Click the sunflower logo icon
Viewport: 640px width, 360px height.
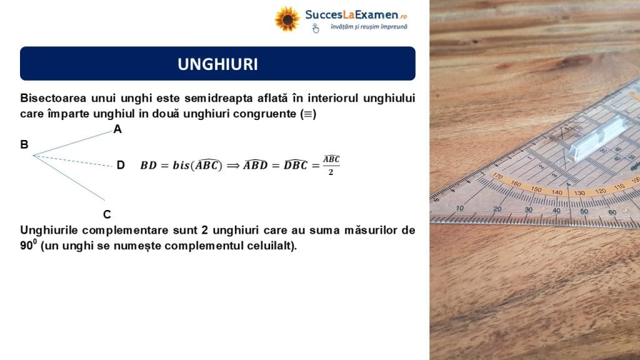click(287, 19)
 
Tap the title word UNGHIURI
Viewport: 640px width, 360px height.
click(217, 64)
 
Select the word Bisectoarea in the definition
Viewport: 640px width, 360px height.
click(53, 98)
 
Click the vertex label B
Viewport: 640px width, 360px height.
click(24, 144)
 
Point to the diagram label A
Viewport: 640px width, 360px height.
click(117, 129)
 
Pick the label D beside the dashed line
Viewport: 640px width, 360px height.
click(121, 165)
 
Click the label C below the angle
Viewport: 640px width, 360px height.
click(107, 214)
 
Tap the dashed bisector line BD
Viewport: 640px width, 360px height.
click(72, 161)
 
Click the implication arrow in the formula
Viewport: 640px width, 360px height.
click(233, 165)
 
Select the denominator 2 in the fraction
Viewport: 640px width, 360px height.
click(331, 172)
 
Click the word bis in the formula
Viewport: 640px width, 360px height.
click(181, 165)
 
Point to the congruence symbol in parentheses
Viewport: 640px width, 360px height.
click(308, 114)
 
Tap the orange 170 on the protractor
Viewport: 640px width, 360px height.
click(497, 176)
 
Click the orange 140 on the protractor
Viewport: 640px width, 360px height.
click(557, 192)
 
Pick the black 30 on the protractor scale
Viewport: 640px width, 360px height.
click(529, 209)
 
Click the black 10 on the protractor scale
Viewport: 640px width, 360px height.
click(460, 207)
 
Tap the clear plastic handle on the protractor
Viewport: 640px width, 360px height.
click(597, 139)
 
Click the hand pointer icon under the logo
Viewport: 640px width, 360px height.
click(316, 28)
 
